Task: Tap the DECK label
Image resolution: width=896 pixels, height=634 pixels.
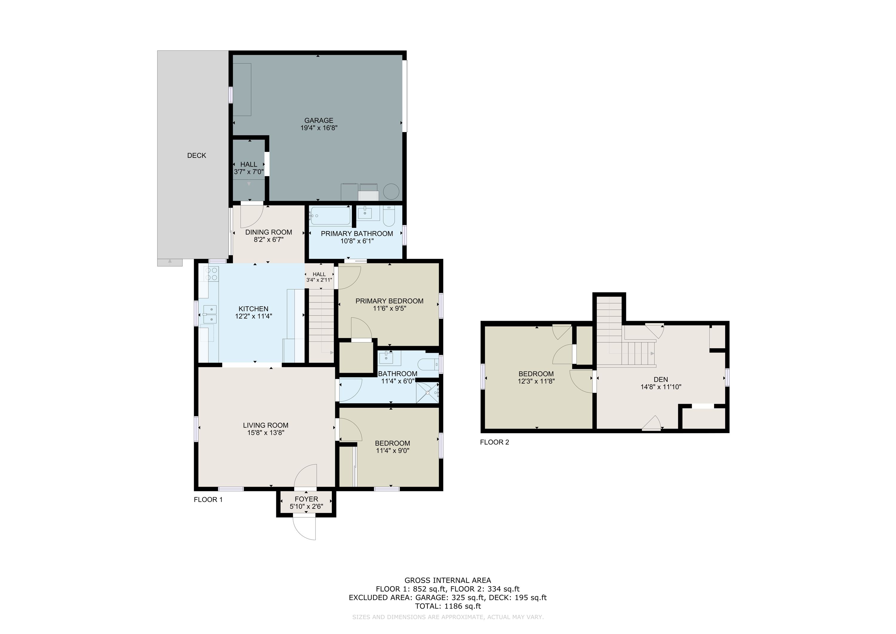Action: [197, 155]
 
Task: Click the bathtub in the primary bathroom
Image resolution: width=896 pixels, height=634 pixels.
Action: [329, 216]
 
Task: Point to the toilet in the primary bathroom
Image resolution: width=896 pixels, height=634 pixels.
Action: [389, 216]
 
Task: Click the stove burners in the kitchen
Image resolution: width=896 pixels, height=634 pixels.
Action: [213, 274]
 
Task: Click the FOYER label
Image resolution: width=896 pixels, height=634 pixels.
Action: [306, 499]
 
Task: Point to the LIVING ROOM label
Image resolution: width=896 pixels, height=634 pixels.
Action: [266, 426]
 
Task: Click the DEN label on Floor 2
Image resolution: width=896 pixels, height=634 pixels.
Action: [661, 379]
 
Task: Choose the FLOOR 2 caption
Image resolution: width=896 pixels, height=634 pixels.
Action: [494, 442]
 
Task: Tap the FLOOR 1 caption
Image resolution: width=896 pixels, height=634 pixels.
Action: [208, 499]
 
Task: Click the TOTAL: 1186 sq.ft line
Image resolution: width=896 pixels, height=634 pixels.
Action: [448, 606]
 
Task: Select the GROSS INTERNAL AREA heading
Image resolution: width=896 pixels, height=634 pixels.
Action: [448, 580]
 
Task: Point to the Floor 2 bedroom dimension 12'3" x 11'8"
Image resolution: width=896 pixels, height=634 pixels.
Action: [536, 381]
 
